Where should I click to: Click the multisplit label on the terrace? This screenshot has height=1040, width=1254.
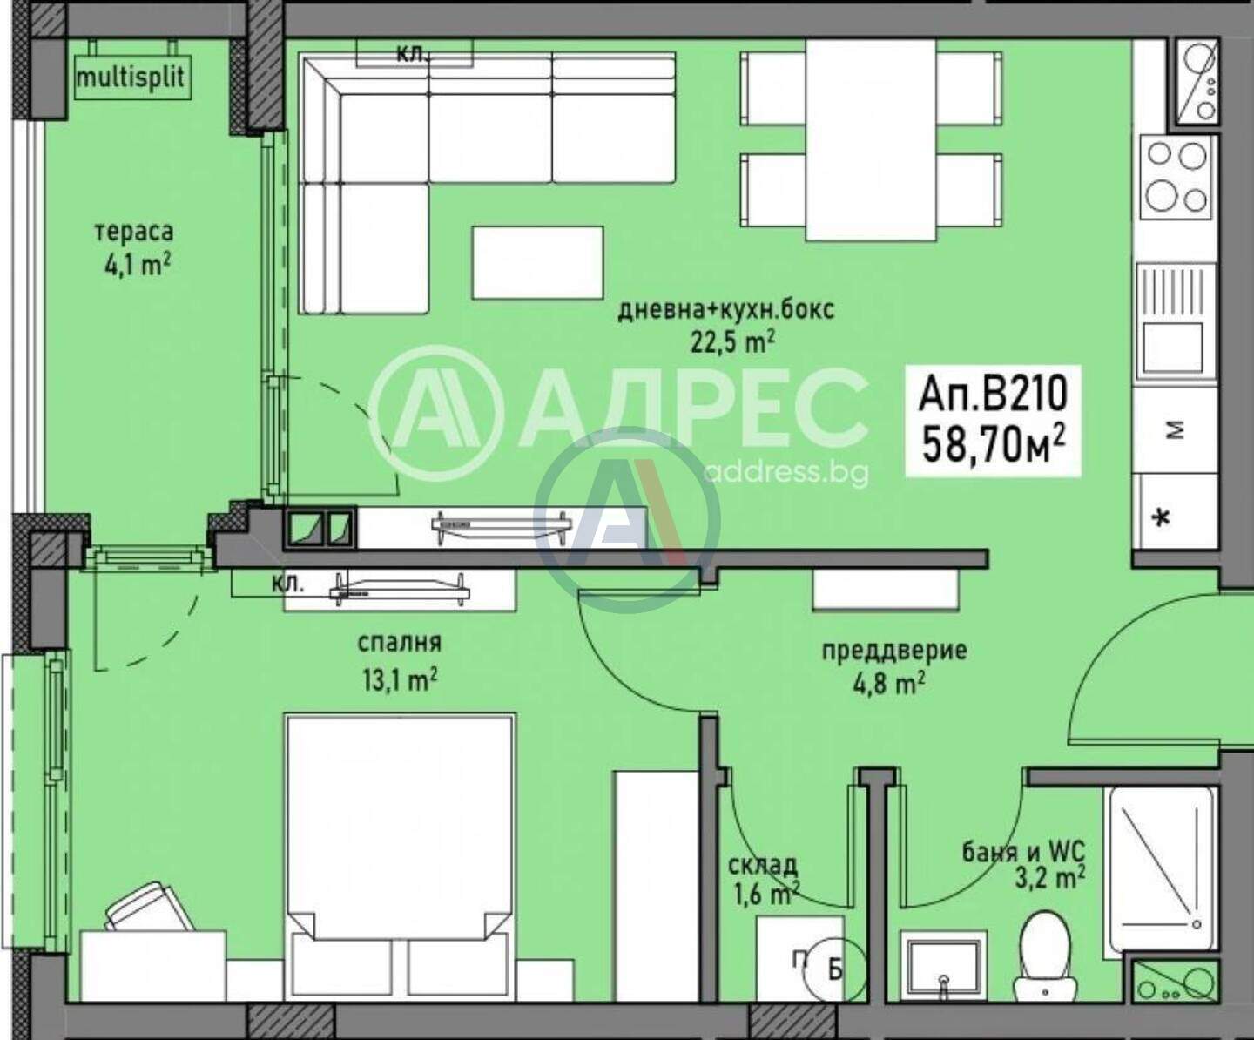pos(131,78)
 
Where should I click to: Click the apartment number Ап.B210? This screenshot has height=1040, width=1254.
pos(993,394)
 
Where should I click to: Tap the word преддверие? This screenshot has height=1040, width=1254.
pos(894,651)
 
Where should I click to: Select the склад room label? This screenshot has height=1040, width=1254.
pos(763,866)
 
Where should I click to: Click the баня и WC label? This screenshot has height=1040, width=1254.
pos(1024,851)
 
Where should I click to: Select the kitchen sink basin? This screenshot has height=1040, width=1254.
pos(1173,348)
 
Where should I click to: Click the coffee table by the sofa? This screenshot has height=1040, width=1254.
pos(537,262)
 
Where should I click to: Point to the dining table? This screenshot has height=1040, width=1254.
pos(870,140)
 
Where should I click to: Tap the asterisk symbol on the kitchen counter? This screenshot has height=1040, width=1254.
pos(1163,518)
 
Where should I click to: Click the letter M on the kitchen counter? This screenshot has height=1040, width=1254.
pos(1177,429)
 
